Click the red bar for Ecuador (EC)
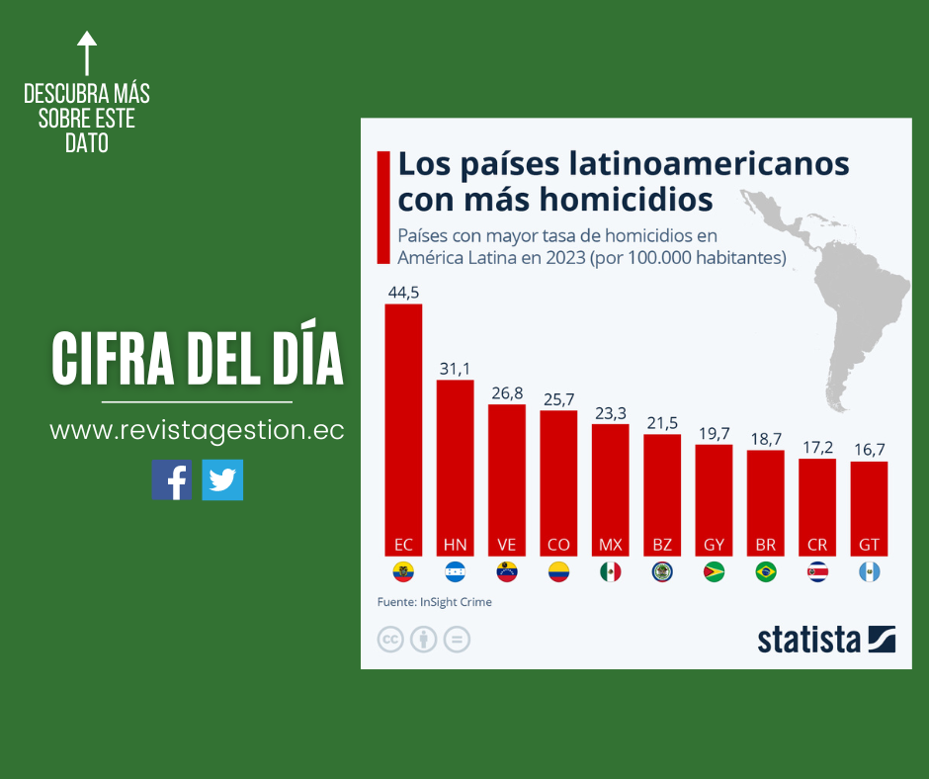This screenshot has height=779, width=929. point(403,430)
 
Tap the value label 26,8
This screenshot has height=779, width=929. point(507,393)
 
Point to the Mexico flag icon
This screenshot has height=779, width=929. point(610,571)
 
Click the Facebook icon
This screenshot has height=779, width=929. point(172,479)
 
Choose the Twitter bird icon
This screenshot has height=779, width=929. point(222,479)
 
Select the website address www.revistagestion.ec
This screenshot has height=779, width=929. point(197,431)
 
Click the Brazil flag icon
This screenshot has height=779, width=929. point(765,571)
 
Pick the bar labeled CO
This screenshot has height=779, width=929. point(558,483)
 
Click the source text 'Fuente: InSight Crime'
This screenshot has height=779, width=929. point(434,601)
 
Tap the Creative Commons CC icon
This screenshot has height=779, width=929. point(391,640)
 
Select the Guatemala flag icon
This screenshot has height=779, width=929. point(869,571)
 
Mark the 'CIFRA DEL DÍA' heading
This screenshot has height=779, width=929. point(198,360)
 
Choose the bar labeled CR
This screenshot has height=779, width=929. point(817,507)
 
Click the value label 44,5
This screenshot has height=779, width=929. point(403,293)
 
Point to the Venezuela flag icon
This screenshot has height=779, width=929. point(507,571)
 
